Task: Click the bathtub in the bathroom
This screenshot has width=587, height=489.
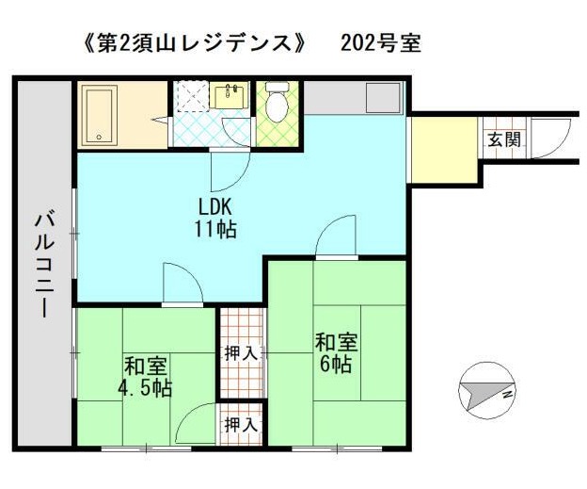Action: tap(100, 115)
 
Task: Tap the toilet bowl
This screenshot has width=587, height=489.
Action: tap(278, 102)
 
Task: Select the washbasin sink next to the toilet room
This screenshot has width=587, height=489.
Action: tap(229, 97)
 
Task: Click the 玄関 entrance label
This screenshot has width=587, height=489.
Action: tap(504, 139)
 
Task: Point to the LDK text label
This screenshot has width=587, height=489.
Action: tap(215, 206)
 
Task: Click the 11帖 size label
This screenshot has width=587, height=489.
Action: tap(215, 229)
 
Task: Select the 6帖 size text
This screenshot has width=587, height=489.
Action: tap(336, 364)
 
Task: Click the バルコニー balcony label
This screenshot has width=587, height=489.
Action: tap(44, 266)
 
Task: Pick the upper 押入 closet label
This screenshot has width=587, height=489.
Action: tap(242, 353)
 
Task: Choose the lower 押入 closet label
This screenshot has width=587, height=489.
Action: tap(242, 425)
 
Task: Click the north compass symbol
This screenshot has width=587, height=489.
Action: tap(487, 390)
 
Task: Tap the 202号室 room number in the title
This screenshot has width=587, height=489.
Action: tap(381, 43)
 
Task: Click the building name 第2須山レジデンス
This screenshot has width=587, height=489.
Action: tap(195, 43)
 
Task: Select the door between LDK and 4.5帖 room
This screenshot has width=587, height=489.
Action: tap(182, 283)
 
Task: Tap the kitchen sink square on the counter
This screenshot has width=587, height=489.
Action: tap(383, 97)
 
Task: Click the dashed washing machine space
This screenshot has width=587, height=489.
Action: tap(192, 97)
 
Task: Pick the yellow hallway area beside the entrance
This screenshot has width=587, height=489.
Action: tap(444, 150)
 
